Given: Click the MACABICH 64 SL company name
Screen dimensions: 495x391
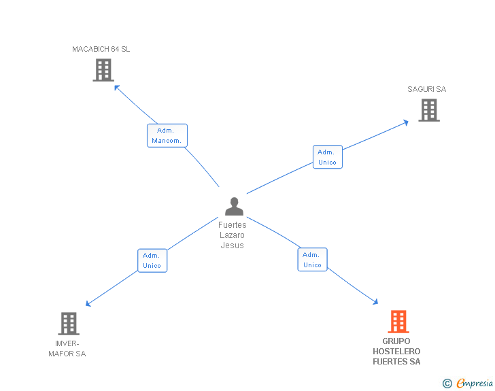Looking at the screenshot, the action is coord(101,49).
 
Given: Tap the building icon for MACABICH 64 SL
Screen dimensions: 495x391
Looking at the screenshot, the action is coord(103,70).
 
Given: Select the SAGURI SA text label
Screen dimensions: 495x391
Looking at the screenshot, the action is coord(426,89).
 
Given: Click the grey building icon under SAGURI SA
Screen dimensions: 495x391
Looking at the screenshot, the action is coord(429,110).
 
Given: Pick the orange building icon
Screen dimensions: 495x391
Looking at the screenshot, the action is coord(398,322).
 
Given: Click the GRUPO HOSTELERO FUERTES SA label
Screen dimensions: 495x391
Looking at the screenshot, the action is coord(396,351).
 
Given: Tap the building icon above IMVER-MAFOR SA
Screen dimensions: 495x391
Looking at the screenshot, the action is coord(69,324).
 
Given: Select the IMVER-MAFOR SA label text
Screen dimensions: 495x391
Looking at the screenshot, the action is coord(67,348).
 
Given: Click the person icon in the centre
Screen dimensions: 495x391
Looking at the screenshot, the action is coord(234,206).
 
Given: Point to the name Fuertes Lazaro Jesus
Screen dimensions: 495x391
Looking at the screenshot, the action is coord(233,235).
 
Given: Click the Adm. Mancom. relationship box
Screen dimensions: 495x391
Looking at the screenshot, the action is coord(167,135).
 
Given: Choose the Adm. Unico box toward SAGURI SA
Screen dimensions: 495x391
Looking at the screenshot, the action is coord(328,157).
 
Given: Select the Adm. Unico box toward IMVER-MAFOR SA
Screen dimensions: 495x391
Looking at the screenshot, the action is coord(152,260).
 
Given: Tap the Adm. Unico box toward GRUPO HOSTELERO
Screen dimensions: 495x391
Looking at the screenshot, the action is coord(313,260).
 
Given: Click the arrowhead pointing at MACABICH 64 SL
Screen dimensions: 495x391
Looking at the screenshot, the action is coord(116,88).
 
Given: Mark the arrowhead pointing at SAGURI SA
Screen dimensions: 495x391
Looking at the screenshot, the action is coord(406,122).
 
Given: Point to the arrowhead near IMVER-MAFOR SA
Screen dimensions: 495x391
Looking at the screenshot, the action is coord(88,304).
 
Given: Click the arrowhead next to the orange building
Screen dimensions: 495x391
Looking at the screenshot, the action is coord(375,302).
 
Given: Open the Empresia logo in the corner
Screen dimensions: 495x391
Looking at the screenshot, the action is coord(475,383).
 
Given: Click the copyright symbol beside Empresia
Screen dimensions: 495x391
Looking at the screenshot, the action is coord(447,384).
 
